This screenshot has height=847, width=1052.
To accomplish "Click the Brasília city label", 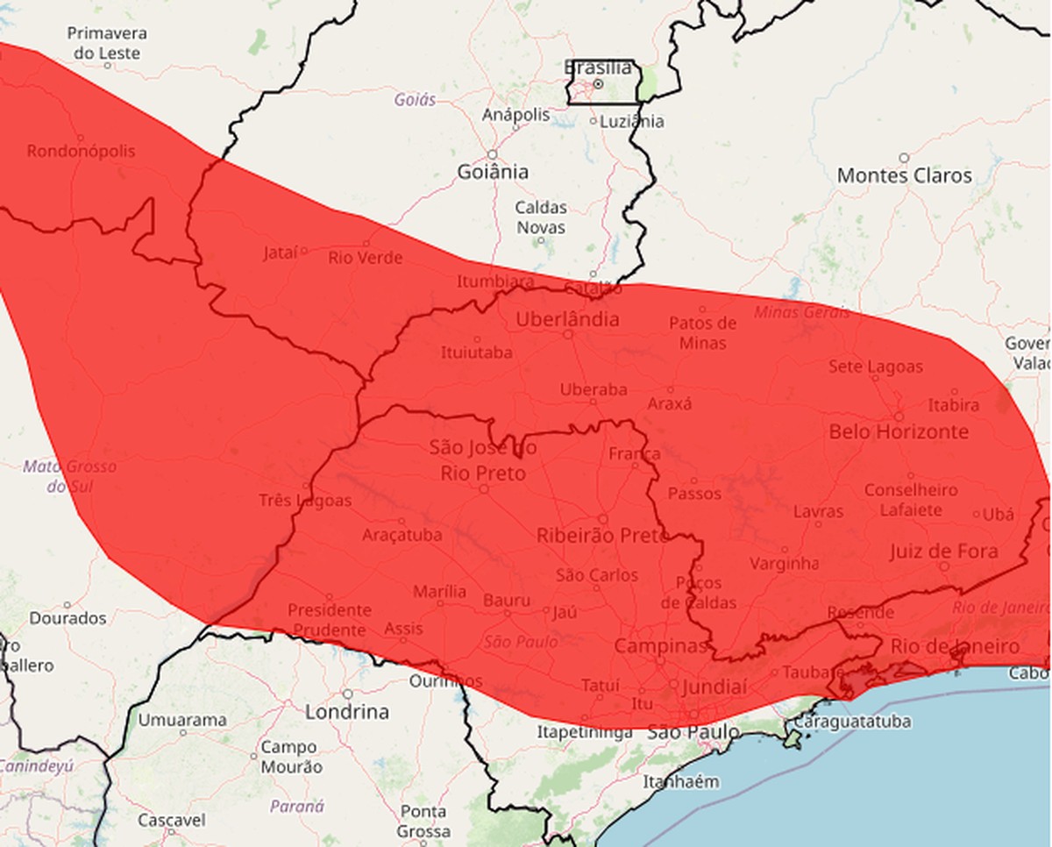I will (598, 68).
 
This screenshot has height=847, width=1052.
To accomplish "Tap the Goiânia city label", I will (493, 172).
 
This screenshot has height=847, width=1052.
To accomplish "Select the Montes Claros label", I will (904, 175).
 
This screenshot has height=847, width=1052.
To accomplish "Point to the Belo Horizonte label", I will (899, 431).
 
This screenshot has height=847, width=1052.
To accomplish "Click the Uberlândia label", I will (567, 319).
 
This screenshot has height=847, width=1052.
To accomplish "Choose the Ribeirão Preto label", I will (602, 535).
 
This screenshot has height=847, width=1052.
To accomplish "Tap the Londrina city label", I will (347, 711).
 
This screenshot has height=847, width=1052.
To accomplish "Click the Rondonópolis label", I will (81, 151).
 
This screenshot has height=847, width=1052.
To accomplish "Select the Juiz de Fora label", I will (943, 552).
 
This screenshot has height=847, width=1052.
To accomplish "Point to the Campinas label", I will (660, 646).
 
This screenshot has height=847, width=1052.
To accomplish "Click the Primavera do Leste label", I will (107, 43).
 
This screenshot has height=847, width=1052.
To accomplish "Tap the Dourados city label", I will (68, 618).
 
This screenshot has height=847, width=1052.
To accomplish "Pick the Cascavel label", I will (172, 821).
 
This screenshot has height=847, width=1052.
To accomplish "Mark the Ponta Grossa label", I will (424, 821).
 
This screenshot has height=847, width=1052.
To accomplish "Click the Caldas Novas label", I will (540, 217).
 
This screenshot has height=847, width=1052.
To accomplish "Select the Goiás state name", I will (415, 100).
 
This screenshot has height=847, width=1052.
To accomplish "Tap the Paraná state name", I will (297, 806).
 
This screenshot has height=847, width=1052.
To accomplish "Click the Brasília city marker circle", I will (598, 84).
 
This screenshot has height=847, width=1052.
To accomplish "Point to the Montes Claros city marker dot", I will (904, 158).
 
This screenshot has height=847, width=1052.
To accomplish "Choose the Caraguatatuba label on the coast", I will (851, 722).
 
